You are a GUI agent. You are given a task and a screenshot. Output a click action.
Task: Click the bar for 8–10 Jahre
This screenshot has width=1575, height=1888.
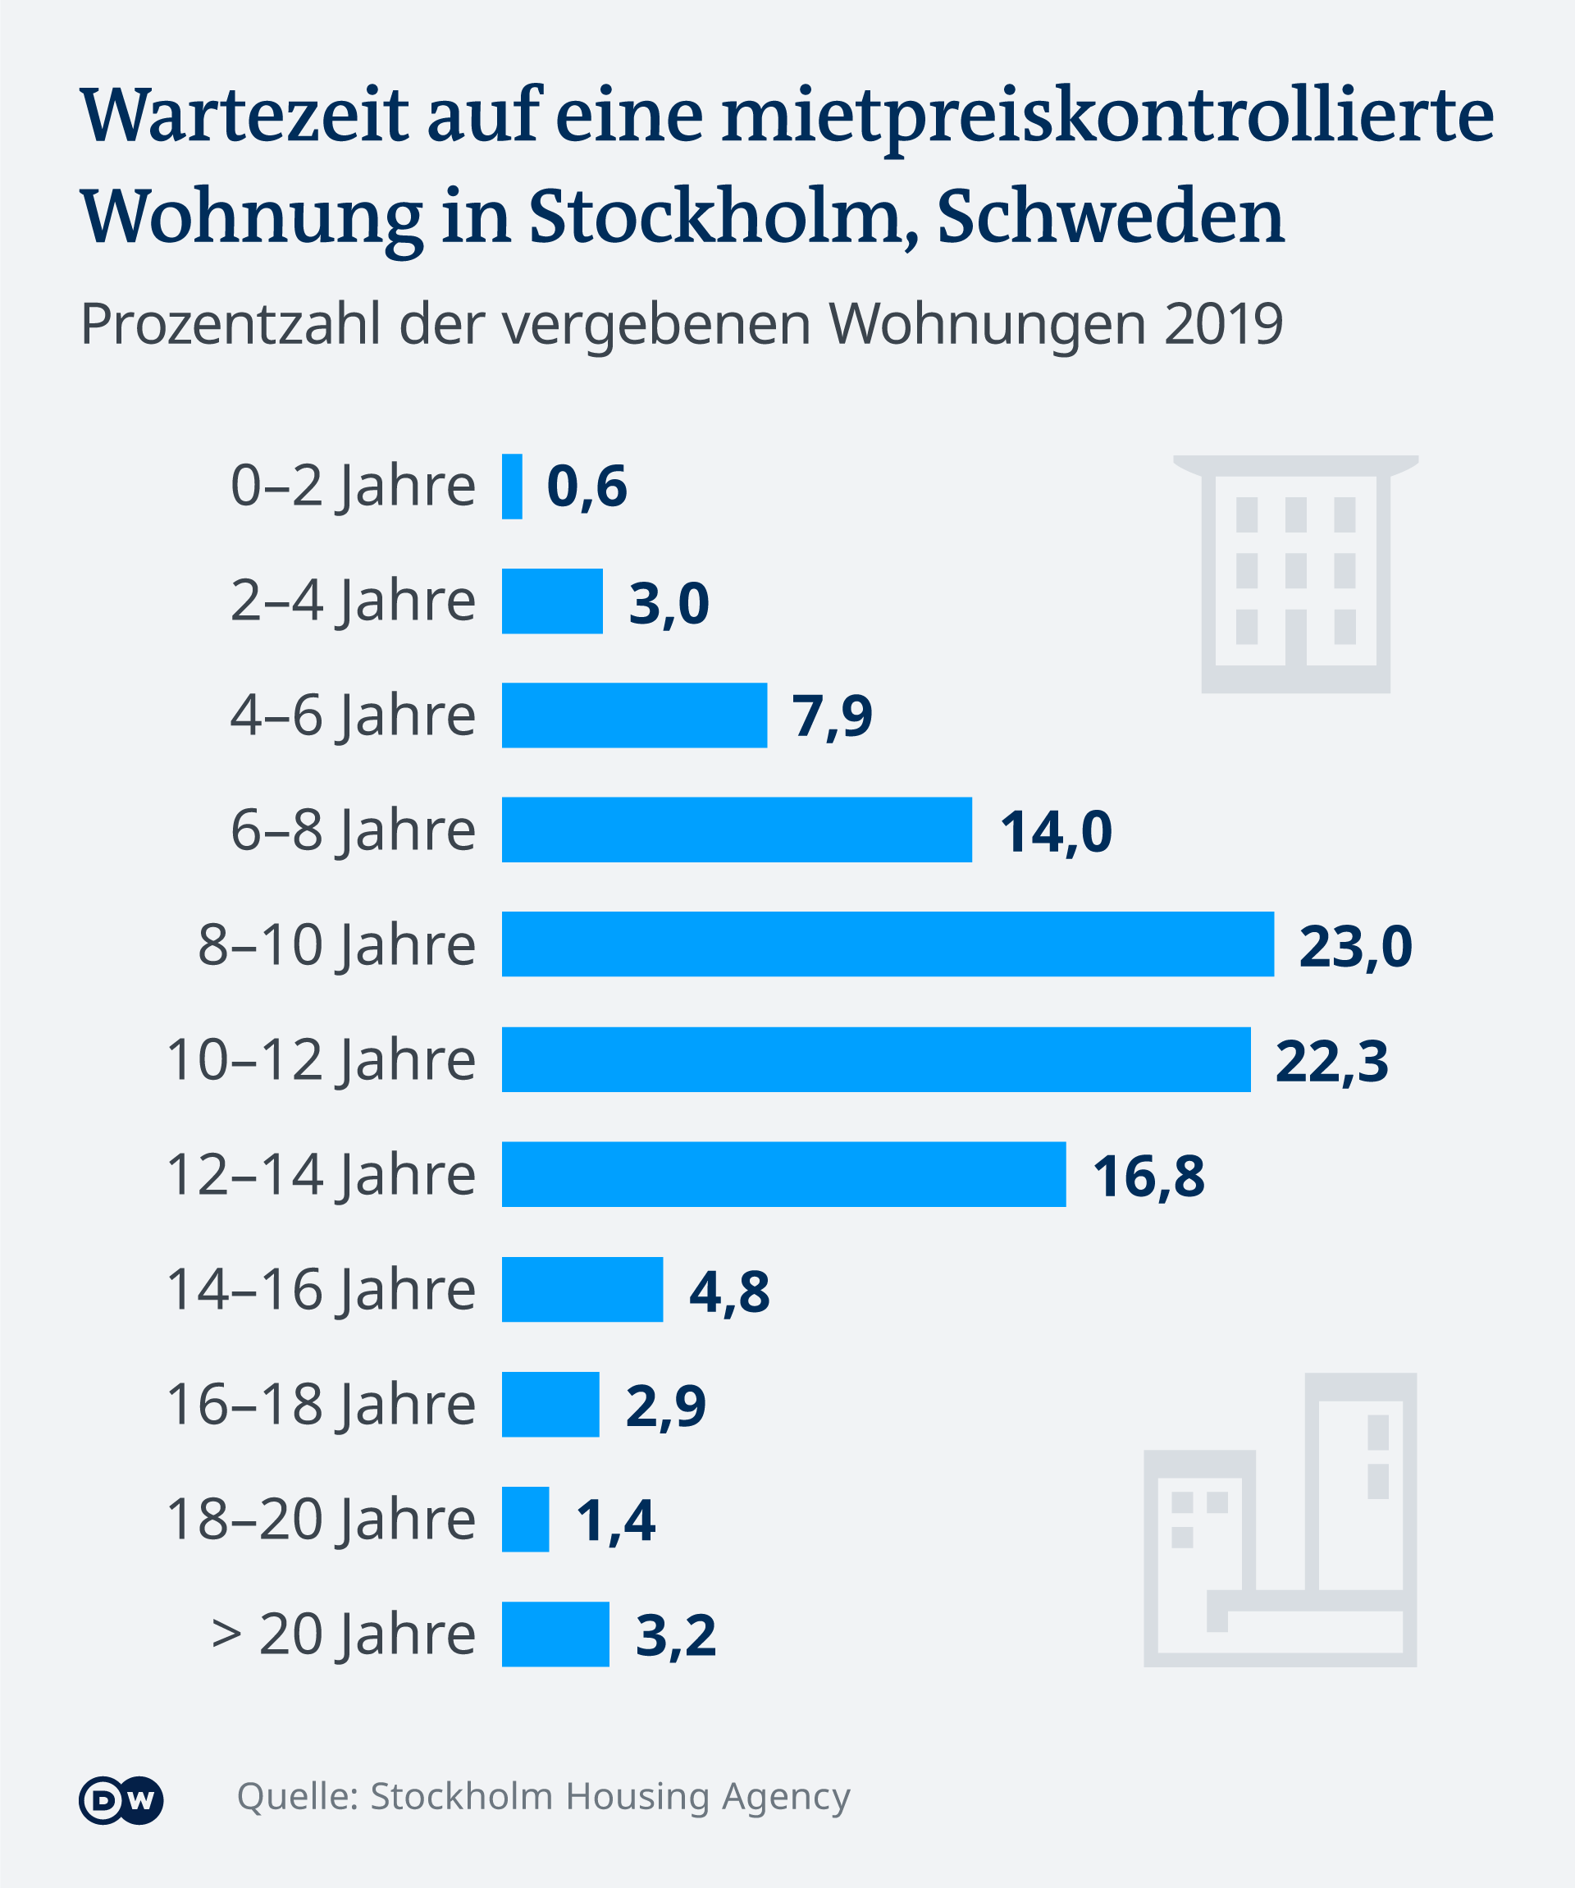[888, 944]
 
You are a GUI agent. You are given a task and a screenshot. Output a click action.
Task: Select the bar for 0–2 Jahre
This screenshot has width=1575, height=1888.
[512, 487]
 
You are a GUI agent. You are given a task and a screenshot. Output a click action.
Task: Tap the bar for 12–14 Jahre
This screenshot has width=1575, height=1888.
[783, 1174]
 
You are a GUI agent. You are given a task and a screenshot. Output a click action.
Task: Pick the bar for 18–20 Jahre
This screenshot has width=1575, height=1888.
[525, 1520]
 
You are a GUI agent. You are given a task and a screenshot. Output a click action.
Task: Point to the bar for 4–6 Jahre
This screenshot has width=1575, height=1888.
[634, 715]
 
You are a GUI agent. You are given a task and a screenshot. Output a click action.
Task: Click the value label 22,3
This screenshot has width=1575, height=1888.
[1331, 1061]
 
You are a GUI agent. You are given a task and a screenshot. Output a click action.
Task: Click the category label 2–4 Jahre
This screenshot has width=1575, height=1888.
[353, 601]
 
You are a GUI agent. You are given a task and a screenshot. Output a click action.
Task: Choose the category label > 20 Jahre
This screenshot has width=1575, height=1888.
[343, 1634]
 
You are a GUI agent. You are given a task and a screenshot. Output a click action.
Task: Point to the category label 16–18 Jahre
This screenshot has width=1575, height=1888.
[321, 1405]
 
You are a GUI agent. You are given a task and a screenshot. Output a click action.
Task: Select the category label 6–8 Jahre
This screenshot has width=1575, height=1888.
[353, 830]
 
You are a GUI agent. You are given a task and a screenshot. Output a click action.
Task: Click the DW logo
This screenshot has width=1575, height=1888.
[121, 1801]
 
